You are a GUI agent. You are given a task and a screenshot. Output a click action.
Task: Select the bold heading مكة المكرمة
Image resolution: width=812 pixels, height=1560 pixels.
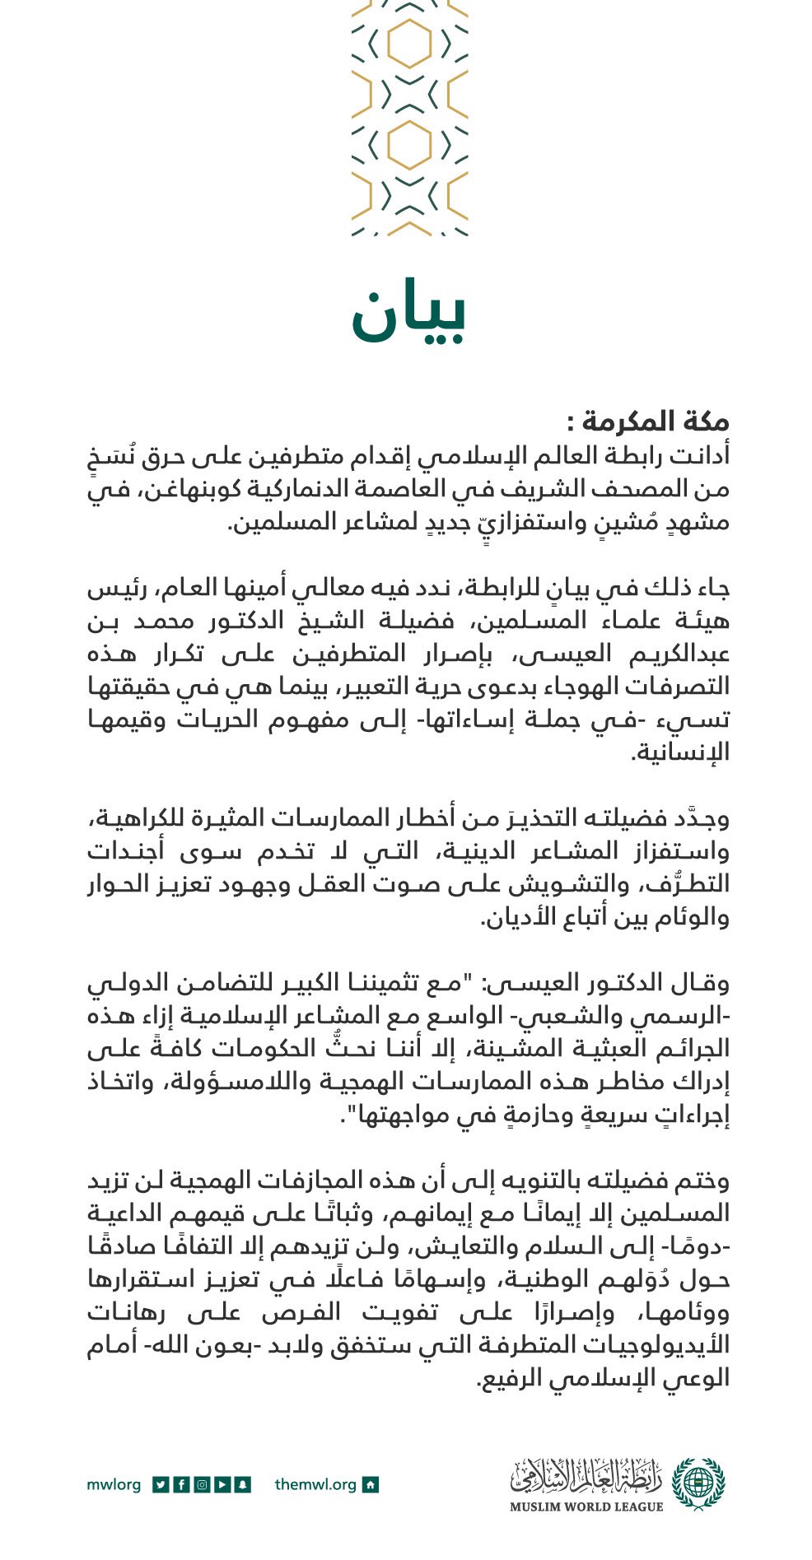click(647, 421)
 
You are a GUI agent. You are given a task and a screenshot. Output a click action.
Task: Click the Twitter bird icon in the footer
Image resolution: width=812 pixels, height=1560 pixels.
click(161, 1485)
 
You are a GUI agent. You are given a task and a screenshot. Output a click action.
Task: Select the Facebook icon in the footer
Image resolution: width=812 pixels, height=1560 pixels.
click(181, 1485)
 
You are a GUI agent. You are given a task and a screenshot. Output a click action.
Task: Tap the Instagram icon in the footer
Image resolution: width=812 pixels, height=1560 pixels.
click(202, 1485)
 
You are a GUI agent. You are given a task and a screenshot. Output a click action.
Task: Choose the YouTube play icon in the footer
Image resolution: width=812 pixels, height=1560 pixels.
click(222, 1485)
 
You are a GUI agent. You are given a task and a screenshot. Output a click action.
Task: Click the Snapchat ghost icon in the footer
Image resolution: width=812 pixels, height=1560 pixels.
click(242, 1485)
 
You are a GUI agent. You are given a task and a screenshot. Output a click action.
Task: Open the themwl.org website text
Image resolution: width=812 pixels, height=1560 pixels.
click(315, 1485)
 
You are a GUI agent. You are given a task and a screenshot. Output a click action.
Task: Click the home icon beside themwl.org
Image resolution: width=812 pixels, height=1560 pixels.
click(371, 1485)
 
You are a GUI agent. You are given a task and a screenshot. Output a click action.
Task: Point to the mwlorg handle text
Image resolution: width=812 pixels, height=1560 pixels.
click(114, 1485)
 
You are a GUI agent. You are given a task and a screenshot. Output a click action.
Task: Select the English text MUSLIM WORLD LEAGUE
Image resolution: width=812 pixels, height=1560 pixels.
click(586, 1506)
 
